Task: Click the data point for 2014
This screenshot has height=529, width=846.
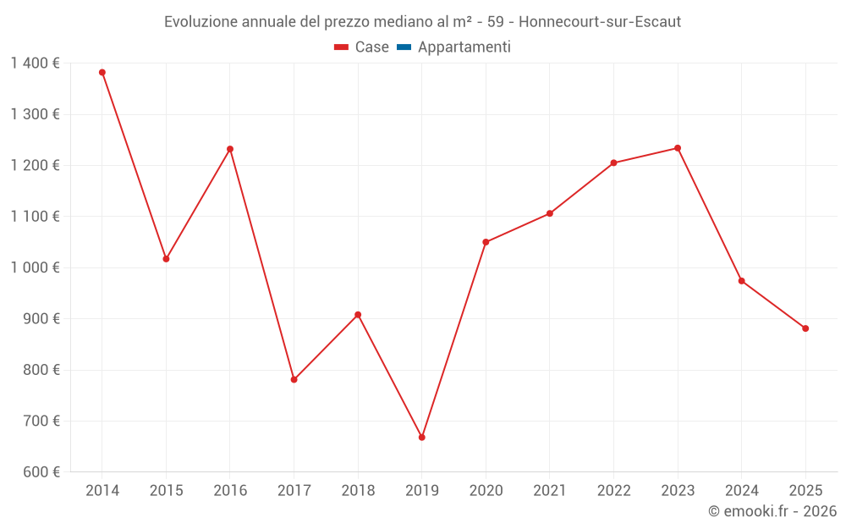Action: pyautogui.click(x=102, y=73)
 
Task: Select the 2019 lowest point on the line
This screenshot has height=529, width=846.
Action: pyautogui.click(x=422, y=438)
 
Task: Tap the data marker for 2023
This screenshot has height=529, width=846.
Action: pyautogui.click(x=678, y=148)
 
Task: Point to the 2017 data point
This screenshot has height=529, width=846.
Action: pyautogui.click(x=294, y=380)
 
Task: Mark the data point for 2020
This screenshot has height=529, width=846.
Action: pyautogui.click(x=486, y=242)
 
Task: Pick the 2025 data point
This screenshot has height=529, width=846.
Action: pyautogui.click(x=805, y=328)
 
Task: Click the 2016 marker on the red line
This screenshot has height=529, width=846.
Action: pyautogui.click(x=230, y=149)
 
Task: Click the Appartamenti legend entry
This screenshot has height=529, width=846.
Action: pyautogui.click(x=464, y=47)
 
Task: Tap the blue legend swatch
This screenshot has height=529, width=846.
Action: pyautogui.click(x=404, y=47)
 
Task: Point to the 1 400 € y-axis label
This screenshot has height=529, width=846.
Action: pyautogui.click(x=35, y=63)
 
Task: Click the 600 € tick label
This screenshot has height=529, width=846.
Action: pyautogui.click(x=40, y=472)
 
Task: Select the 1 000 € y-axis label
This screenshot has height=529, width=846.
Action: pyautogui.click(x=35, y=267)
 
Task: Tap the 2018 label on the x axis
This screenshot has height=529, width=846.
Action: pyautogui.click(x=358, y=491)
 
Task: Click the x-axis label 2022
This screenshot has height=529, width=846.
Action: pyautogui.click(x=613, y=491)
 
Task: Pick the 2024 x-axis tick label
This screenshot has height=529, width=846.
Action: pyautogui.click(x=741, y=491)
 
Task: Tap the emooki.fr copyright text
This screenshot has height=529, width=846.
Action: pyautogui.click(x=772, y=511)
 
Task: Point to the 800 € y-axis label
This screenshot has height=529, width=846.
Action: pyautogui.click(x=40, y=370)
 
